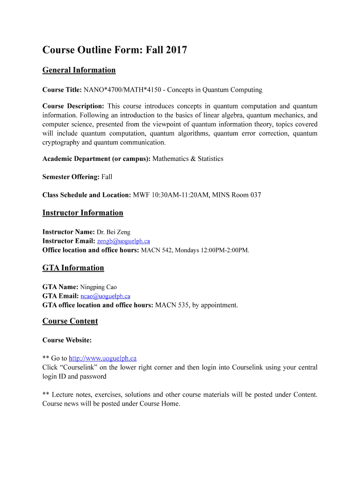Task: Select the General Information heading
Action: pos(79,70)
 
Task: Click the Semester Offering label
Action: pos(71,177)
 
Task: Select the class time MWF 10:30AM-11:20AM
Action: pos(171,195)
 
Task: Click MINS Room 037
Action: pos(237,195)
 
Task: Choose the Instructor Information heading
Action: pos(83,213)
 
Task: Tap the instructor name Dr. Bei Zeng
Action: pos(114,232)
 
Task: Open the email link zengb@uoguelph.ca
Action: pos(123,241)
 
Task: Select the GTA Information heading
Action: pos(73,268)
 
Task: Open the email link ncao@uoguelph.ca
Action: pos(105,296)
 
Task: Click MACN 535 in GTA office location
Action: pos(172,305)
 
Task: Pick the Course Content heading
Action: pos(70,321)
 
